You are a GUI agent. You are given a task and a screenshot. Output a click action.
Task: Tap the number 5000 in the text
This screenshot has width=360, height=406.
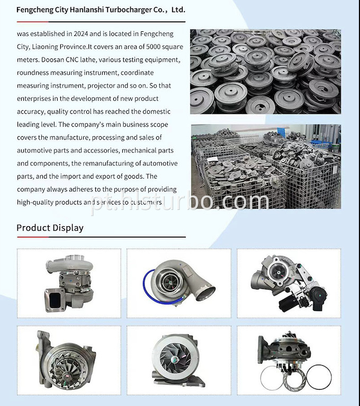pos(154,47)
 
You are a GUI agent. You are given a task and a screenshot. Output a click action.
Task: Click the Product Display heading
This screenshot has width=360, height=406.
pos(50,228)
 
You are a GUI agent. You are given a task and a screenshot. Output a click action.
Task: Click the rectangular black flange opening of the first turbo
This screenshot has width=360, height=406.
pos(56,301)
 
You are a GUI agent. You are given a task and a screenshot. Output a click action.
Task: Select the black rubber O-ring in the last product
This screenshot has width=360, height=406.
pos(319,377)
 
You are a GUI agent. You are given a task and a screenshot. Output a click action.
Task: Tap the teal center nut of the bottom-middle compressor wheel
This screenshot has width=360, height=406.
pos(175,359)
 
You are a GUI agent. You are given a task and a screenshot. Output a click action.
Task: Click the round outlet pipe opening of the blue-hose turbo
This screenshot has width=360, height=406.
pos(205,293)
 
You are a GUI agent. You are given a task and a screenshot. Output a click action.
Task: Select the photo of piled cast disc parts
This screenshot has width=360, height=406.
pos(265,72)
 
